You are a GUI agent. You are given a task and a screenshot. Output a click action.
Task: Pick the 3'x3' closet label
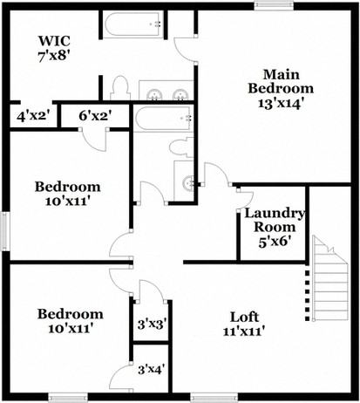pos(152,324)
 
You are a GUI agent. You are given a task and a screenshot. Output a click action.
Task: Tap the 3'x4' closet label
pos(152,369)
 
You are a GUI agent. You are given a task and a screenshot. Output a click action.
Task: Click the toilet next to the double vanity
pos(121,88)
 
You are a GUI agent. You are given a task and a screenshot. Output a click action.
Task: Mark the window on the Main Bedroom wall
pos(272,5)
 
